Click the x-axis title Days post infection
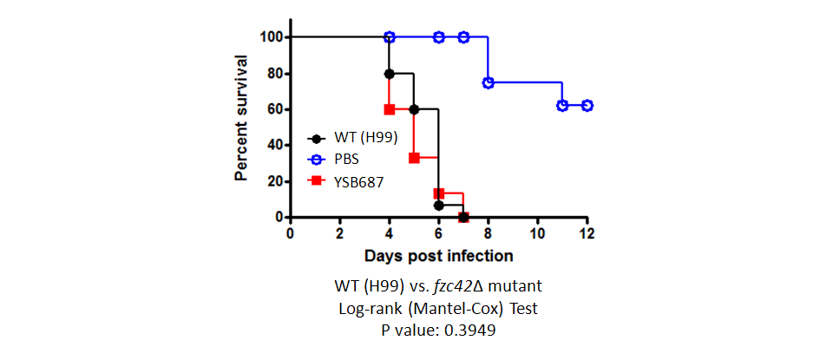[x=438, y=256]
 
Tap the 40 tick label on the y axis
[x=273, y=145]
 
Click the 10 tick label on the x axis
[x=538, y=234]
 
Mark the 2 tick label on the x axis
[x=339, y=234]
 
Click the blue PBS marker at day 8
[x=489, y=82]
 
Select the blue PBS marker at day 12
[x=587, y=105]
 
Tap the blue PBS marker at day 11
[x=562, y=105]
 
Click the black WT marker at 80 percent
[x=389, y=74]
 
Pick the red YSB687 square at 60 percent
[x=389, y=109]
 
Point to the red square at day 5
[x=414, y=158]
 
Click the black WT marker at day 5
[x=414, y=109]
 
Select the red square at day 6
[x=439, y=193]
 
